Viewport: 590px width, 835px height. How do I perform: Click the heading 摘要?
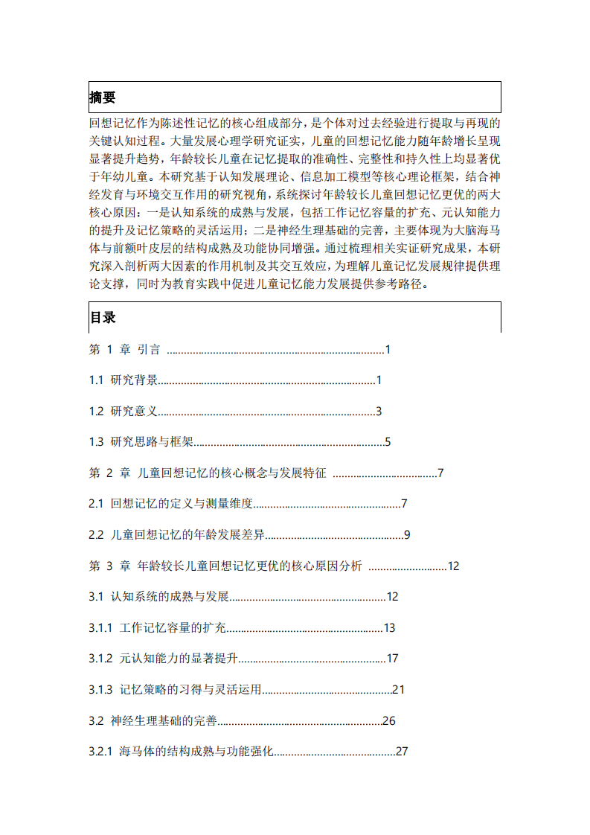(x=103, y=97)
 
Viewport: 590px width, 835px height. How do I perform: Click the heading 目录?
(x=103, y=317)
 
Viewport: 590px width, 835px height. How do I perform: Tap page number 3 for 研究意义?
(x=379, y=411)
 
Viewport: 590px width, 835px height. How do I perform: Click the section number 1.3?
(x=96, y=442)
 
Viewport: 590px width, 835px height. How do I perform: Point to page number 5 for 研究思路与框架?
(x=388, y=442)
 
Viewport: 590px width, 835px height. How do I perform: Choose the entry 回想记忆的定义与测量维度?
(x=182, y=504)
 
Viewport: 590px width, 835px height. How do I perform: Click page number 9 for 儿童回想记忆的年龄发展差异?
(x=407, y=535)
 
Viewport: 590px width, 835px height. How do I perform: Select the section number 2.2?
(x=96, y=535)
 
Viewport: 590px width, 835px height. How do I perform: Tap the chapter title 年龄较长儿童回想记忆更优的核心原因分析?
(x=250, y=566)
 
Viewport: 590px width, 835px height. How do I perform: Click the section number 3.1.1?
(x=100, y=628)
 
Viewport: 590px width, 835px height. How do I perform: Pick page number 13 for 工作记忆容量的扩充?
(x=389, y=628)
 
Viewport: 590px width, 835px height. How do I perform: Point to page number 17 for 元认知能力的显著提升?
(x=393, y=659)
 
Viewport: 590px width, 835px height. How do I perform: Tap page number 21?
(x=398, y=690)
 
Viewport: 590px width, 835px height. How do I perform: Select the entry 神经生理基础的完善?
(x=164, y=720)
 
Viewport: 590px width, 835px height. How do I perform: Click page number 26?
(x=388, y=720)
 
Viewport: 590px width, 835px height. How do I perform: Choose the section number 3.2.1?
(x=100, y=752)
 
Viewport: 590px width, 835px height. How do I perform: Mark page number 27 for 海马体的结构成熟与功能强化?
(x=403, y=752)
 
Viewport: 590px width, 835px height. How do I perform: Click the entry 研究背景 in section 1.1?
(x=134, y=380)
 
